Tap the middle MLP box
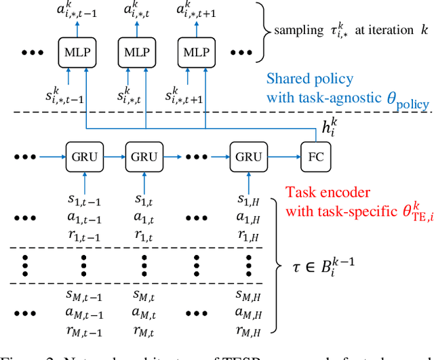point(134,53)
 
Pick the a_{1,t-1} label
point(81,218)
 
